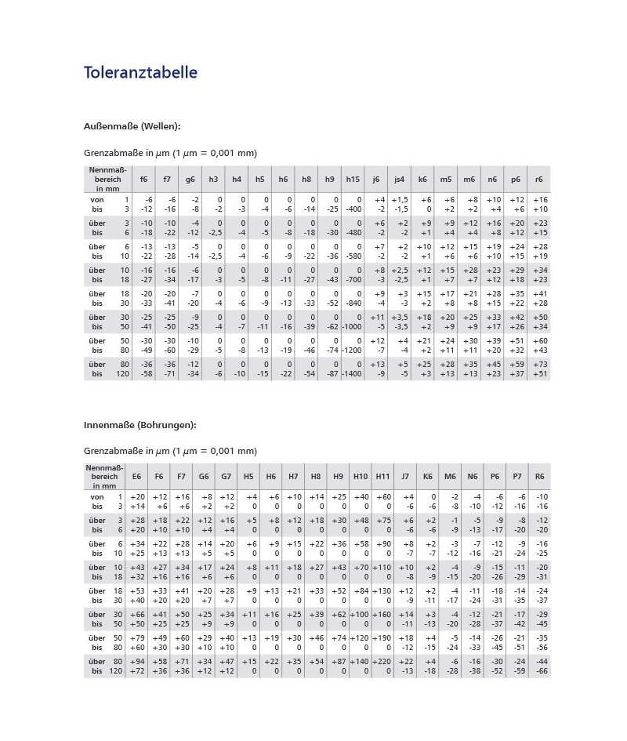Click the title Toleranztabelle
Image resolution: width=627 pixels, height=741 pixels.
tap(140, 73)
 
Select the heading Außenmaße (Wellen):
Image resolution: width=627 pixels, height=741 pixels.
tap(132, 125)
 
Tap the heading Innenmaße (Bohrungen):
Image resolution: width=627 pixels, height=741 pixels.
tap(140, 424)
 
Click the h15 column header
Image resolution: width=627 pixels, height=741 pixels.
tap(353, 180)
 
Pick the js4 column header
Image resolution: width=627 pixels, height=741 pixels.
tap(399, 180)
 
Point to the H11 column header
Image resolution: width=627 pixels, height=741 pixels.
tap(382, 476)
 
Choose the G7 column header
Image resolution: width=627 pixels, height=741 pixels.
tap(226, 476)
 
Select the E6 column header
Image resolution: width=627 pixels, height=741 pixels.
tap(136, 476)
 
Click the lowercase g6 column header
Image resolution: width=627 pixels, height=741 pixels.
tap(190, 180)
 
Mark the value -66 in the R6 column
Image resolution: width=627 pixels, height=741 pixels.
tap(541, 671)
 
